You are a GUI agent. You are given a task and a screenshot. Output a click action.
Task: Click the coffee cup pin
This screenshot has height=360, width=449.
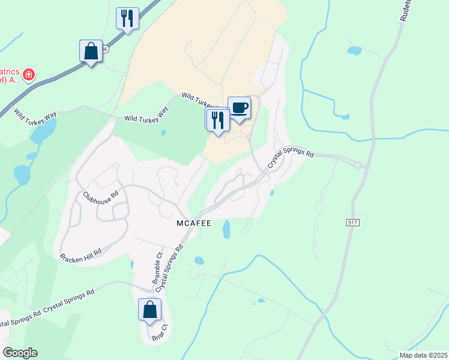pyautogui.click(x=239, y=108)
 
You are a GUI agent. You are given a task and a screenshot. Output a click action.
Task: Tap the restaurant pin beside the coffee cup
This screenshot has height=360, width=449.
pyautogui.click(x=217, y=120)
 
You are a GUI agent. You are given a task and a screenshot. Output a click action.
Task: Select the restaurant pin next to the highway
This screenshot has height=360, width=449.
pyautogui.click(x=127, y=19)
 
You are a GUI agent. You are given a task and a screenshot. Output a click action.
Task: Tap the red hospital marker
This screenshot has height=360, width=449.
pyautogui.click(x=29, y=75)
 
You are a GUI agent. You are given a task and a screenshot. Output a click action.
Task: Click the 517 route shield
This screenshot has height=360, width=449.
pyautogui.click(x=354, y=222)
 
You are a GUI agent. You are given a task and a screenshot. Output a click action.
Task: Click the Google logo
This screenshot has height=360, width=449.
pyautogui.click(x=20, y=353)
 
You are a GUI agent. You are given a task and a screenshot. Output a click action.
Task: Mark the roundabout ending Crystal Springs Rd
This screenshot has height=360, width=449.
pyautogui.click(x=358, y=164)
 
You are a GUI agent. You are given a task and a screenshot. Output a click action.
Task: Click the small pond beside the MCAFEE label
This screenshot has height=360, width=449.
pyautogui.click(x=226, y=229)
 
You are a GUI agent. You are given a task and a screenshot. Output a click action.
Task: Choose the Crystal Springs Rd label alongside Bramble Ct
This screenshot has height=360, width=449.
pyautogui.click(x=170, y=268)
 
